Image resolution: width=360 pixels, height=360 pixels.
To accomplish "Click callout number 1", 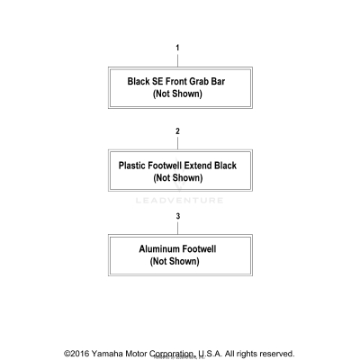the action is pos(177,48).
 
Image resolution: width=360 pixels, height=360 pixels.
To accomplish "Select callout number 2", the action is pos(177,131).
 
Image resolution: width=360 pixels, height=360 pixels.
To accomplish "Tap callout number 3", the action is pos(178,216).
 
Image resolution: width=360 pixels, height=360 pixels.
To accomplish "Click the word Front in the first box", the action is pos(177,82).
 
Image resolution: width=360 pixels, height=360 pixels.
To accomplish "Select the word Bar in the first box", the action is pos(217,82).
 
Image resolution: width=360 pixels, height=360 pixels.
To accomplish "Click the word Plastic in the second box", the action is pos(132,166).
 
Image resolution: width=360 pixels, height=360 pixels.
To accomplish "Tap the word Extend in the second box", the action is pos(198,166).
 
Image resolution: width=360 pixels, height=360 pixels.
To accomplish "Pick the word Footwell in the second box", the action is pos(165,166).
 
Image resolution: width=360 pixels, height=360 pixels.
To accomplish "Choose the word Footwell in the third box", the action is pos(199,249).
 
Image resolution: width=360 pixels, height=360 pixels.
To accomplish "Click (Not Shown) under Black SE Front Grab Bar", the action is pos(177,94).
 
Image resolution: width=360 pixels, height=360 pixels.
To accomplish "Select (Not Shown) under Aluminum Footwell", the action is pos(175,261).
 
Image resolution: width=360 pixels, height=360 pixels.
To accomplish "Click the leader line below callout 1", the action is pos(177,59).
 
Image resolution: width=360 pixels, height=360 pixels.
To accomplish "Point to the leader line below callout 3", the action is pos(178,228).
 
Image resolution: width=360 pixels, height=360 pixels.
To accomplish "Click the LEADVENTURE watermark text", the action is pos(179,201).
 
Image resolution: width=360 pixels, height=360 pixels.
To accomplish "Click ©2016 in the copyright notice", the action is pos(76,354).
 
